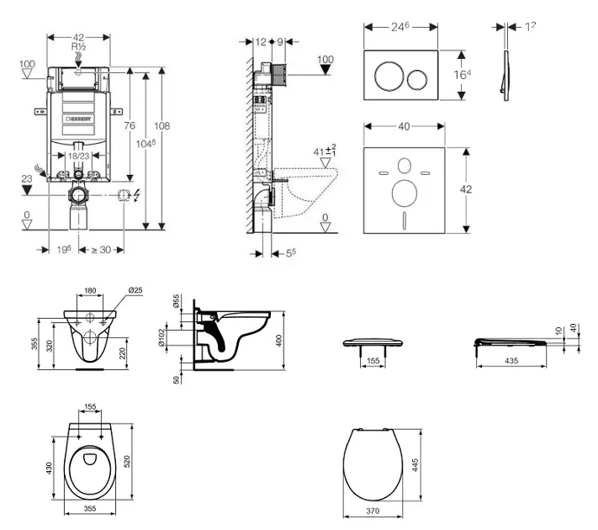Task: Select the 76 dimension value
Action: pos(130,125)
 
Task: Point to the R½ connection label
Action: pos(79,47)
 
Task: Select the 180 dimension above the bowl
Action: pos(91,292)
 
